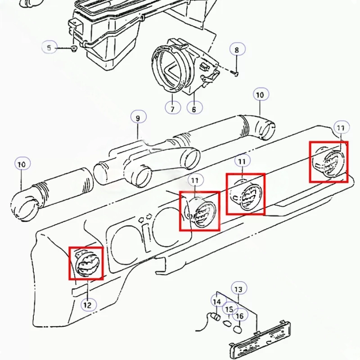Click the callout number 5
pyautogui.click(x=49, y=46)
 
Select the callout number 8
pyautogui.click(x=237, y=50)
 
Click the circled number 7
pyautogui.click(x=173, y=108)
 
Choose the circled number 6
pyautogui.click(x=194, y=108)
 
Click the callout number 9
pyautogui.click(x=138, y=118)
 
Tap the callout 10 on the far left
pyautogui.click(x=21, y=164)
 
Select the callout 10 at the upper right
pyautogui.click(x=260, y=95)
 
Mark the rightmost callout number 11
pyautogui.click(x=340, y=128)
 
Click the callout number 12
pyautogui.click(x=87, y=305)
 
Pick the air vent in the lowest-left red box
pyautogui.click(x=86, y=264)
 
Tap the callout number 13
pyautogui.click(x=238, y=288)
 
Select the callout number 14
pyautogui.click(x=217, y=301)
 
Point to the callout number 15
pyautogui.click(x=229, y=309)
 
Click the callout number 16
pyautogui.click(x=240, y=316)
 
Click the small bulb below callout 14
pyautogui.click(x=216, y=317)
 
